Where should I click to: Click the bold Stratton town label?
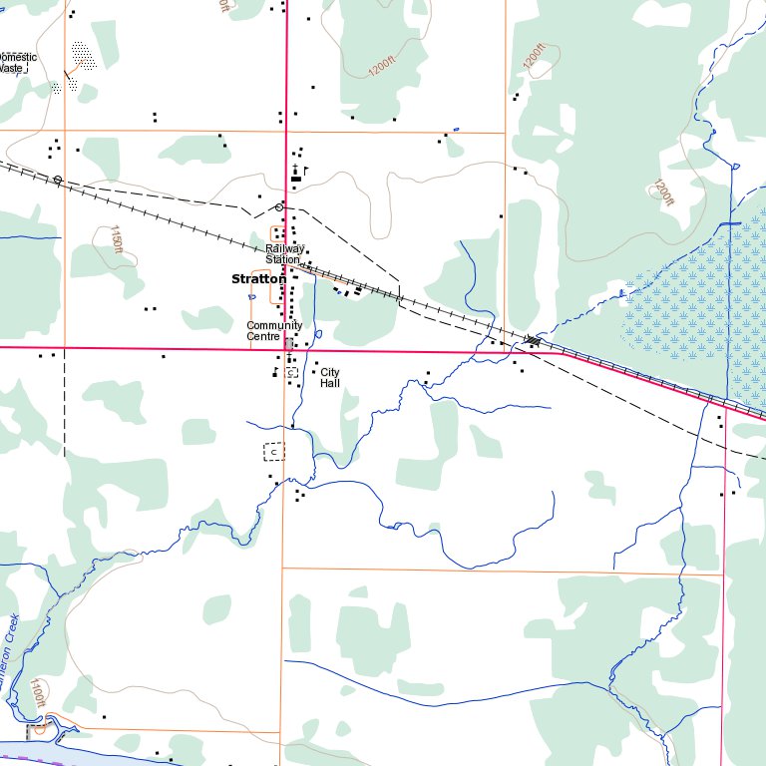click(257, 280)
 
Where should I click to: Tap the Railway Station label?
click(284, 253)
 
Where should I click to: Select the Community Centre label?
click(274, 330)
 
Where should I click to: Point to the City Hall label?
click(330, 377)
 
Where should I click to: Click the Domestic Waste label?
click(17, 63)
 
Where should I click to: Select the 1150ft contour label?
click(117, 240)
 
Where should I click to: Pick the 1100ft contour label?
click(38, 694)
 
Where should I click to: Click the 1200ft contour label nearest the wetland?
click(663, 191)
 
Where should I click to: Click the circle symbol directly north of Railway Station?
click(279, 207)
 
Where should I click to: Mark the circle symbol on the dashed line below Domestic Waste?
click(58, 180)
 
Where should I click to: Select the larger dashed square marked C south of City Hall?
click(273, 452)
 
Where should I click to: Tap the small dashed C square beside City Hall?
click(291, 372)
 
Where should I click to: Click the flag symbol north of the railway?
click(305, 171)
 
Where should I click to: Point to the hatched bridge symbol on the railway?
click(533, 342)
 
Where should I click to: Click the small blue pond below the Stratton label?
click(250, 296)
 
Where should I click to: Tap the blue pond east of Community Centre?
click(318, 333)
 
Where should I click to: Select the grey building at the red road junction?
click(289, 343)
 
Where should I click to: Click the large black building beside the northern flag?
click(294, 179)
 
